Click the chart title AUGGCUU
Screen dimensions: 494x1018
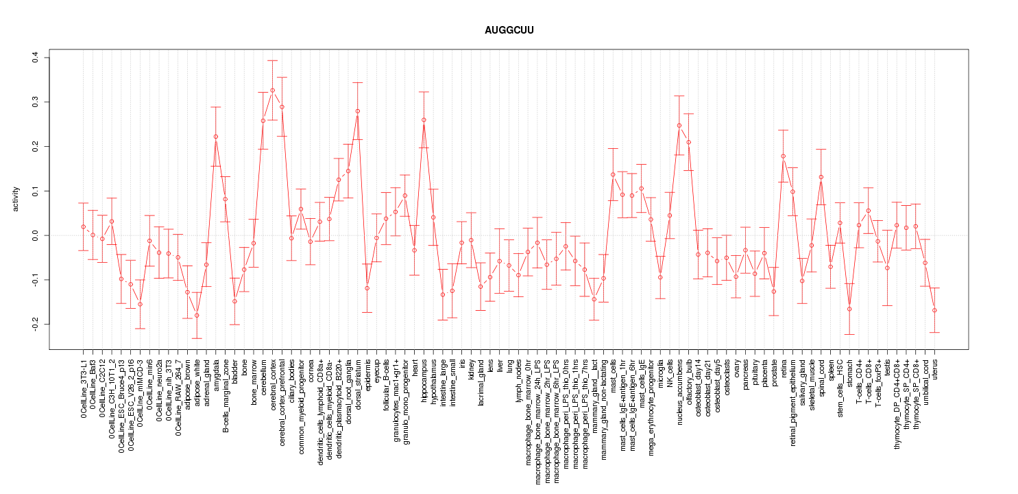click(x=509, y=31)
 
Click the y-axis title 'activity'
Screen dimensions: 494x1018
click(x=17, y=199)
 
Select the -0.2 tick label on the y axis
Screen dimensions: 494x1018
click(x=35, y=324)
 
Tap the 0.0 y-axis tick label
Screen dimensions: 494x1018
click(x=35, y=235)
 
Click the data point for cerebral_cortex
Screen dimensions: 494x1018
click(x=272, y=90)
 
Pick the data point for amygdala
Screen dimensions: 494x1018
click(x=215, y=137)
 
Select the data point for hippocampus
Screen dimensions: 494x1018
click(x=424, y=120)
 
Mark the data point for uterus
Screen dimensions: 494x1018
click(x=934, y=310)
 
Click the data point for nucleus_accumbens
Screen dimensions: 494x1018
click(x=679, y=126)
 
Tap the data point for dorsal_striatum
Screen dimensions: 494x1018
click(x=357, y=111)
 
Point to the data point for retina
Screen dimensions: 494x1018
click(x=783, y=156)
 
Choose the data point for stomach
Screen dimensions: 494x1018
click(x=849, y=309)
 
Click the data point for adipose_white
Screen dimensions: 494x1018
click(x=197, y=316)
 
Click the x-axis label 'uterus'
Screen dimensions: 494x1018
click(x=934, y=368)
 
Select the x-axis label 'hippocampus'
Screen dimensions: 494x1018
click(x=424, y=378)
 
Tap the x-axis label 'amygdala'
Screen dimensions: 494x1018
click(x=216, y=373)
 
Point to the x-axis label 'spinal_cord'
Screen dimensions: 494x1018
click(x=821, y=376)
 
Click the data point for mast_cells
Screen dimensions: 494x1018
click(x=613, y=174)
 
